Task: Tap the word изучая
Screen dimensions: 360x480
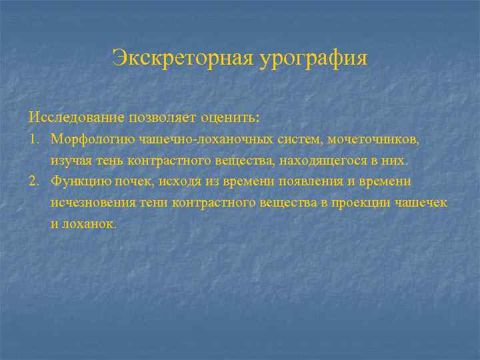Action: pyautogui.click(x=71, y=161)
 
